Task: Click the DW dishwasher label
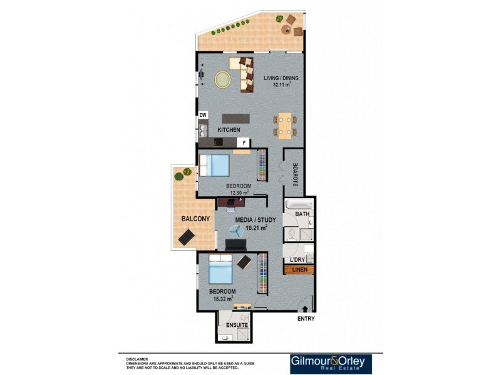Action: [x=203, y=115]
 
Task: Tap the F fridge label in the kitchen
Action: [x=245, y=142]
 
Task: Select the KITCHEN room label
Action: [x=229, y=129]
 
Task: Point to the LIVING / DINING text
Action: [x=281, y=78]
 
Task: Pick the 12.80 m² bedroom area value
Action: [x=238, y=193]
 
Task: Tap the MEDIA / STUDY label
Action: [x=252, y=221]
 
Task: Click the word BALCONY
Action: [x=195, y=219]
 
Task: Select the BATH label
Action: [x=302, y=214]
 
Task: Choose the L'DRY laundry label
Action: [x=297, y=259]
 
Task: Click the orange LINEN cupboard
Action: [x=299, y=270]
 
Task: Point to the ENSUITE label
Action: [x=237, y=326]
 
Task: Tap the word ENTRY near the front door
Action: [x=305, y=319]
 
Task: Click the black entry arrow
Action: [x=305, y=308]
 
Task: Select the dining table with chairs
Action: [x=285, y=124]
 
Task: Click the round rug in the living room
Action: [x=223, y=79]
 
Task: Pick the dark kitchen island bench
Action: [x=235, y=117]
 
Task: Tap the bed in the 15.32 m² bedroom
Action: [x=221, y=271]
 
